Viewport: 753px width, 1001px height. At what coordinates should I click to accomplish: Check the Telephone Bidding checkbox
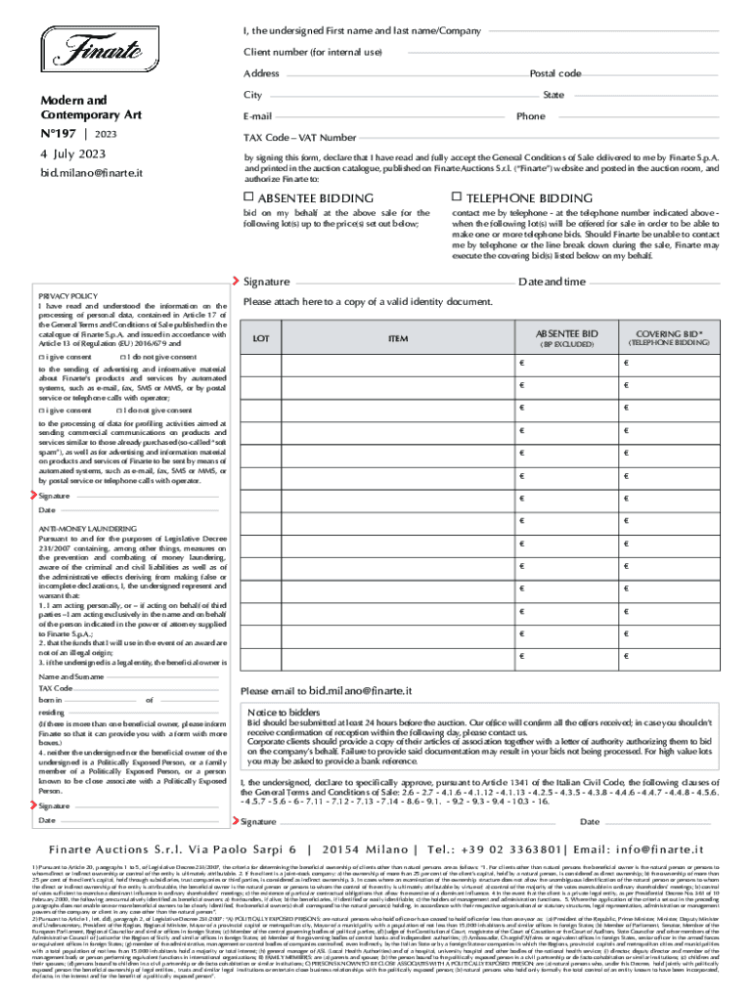[x=457, y=198]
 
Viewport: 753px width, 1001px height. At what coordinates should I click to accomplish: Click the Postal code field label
[x=554, y=74]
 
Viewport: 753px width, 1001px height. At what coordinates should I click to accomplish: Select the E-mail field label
[x=257, y=116]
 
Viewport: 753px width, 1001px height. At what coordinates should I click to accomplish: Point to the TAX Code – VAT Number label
[x=299, y=138]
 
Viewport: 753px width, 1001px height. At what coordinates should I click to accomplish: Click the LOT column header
[x=261, y=338]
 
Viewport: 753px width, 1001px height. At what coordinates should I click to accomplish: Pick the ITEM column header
[x=398, y=338]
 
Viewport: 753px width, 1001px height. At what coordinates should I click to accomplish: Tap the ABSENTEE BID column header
[x=567, y=333]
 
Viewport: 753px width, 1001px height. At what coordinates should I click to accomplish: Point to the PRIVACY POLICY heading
[x=67, y=295]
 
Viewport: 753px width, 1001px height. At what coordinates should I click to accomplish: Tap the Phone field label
[x=531, y=116]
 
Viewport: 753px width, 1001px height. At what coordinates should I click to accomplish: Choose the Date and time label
[x=552, y=282]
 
